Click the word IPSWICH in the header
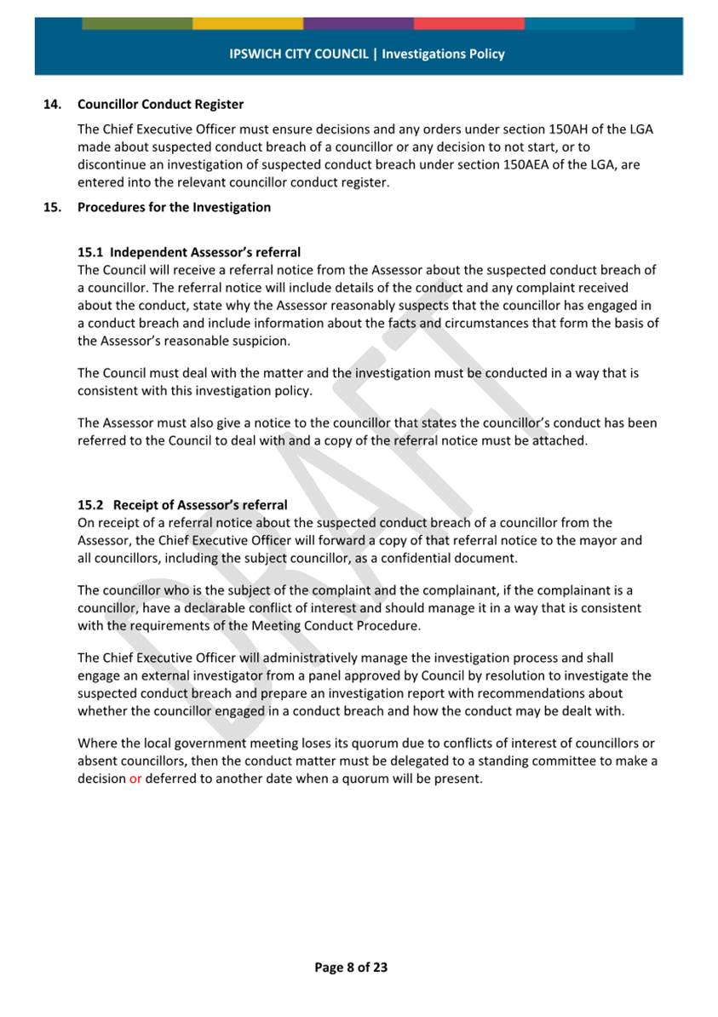[x=255, y=54]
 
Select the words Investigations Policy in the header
[x=443, y=54]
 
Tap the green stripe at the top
[x=137, y=23]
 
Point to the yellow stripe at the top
[x=248, y=23]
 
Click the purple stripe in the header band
[x=359, y=23]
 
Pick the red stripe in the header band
[x=469, y=23]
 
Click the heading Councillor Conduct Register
[x=160, y=105]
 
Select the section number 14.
[x=52, y=105]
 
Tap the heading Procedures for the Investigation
[x=174, y=207]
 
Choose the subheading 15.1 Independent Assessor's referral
[x=188, y=252]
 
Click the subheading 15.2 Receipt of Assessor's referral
[x=182, y=505]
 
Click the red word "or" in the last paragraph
[x=135, y=779]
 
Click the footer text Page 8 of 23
[x=351, y=967]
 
